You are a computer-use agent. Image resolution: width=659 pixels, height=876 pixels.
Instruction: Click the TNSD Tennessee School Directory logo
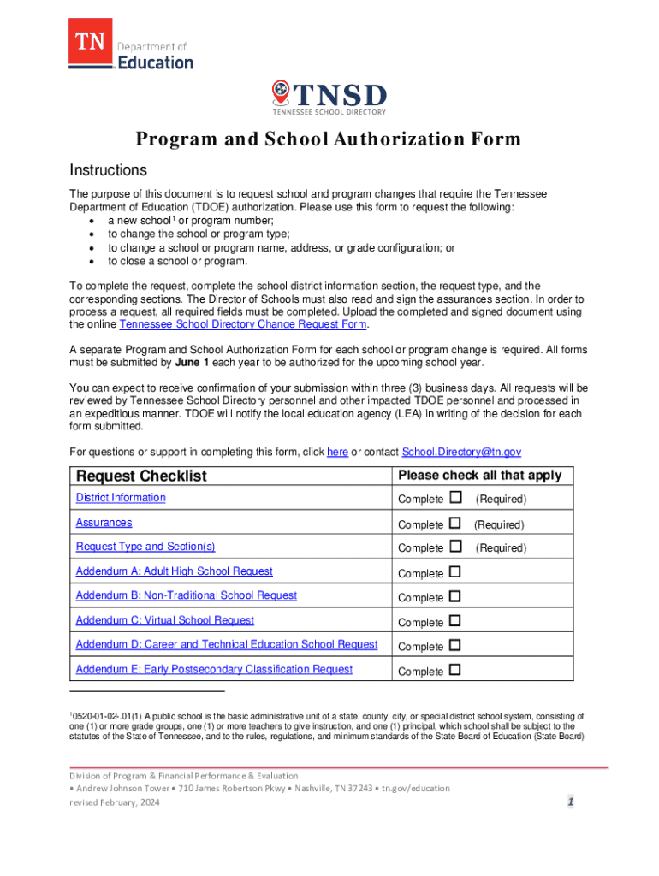click(x=329, y=98)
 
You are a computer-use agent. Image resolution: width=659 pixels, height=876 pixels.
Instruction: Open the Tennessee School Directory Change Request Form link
click(x=244, y=325)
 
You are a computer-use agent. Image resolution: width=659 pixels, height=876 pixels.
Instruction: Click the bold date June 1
click(x=193, y=362)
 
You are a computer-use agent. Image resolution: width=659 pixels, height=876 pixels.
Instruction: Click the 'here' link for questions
click(x=337, y=452)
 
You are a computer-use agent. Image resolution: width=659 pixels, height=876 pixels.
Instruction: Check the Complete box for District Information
click(x=455, y=498)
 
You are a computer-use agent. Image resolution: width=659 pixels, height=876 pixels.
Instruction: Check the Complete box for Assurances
click(x=455, y=523)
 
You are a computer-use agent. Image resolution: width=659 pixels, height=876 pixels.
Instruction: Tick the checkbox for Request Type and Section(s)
click(x=455, y=547)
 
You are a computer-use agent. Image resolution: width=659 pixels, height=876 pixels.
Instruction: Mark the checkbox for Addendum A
click(x=455, y=571)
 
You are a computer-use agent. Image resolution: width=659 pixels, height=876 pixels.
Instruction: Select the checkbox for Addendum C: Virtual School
click(x=455, y=621)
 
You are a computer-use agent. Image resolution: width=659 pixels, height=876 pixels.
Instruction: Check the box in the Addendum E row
click(x=455, y=670)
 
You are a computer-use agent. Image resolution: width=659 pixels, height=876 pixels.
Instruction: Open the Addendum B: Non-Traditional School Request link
click(x=187, y=595)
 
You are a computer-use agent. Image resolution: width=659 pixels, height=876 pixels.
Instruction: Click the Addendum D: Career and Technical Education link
click(x=227, y=644)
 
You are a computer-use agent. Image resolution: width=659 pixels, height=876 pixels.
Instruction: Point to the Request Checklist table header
click(x=142, y=476)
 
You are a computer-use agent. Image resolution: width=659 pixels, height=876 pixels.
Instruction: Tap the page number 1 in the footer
click(x=569, y=802)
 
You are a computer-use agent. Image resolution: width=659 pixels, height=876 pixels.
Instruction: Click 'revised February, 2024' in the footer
click(x=114, y=802)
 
